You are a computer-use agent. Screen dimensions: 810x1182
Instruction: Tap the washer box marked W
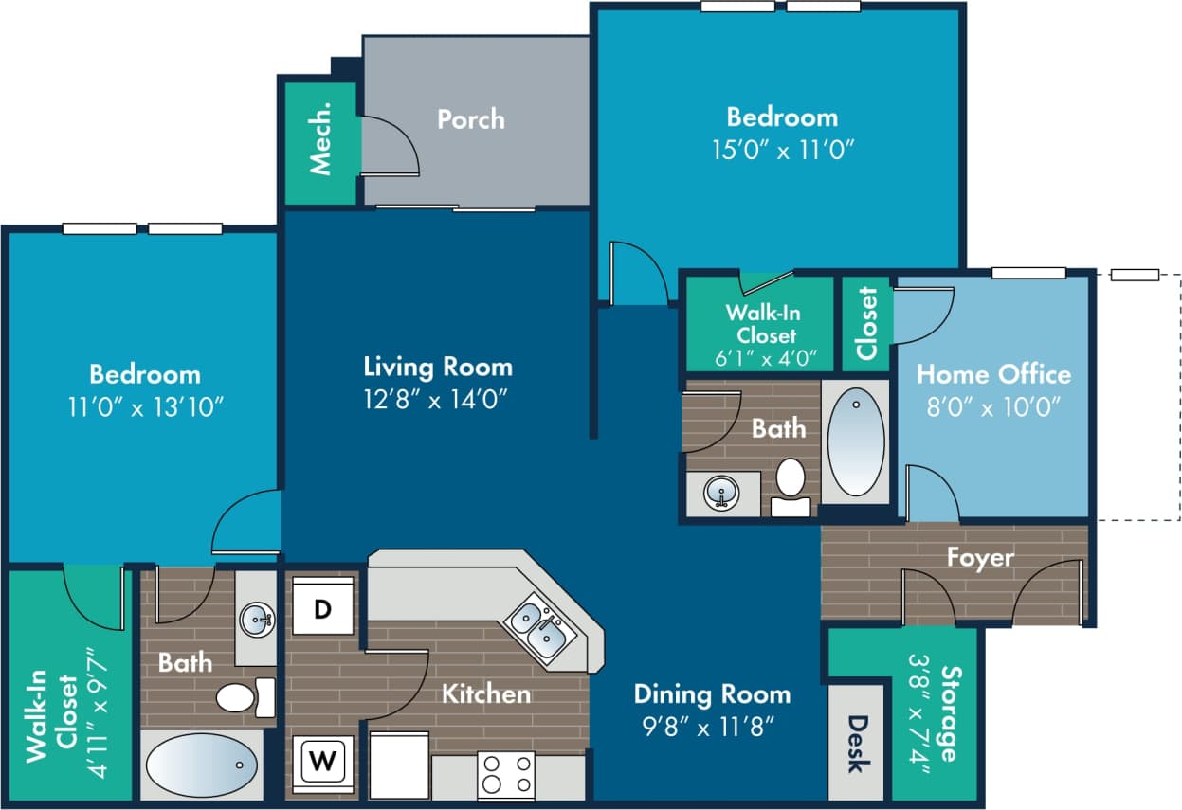point(322,760)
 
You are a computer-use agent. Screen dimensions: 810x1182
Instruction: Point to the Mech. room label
point(321,146)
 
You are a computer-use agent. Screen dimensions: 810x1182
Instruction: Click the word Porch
point(470,119)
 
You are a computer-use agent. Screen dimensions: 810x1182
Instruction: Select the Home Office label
point(992,374)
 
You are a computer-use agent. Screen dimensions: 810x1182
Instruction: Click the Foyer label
point(979,557)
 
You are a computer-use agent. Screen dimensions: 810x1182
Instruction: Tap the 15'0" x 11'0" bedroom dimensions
point(782,150)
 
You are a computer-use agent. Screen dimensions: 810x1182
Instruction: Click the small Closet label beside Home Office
point(866,323)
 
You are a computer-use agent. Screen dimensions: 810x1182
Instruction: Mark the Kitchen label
point(485,694)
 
